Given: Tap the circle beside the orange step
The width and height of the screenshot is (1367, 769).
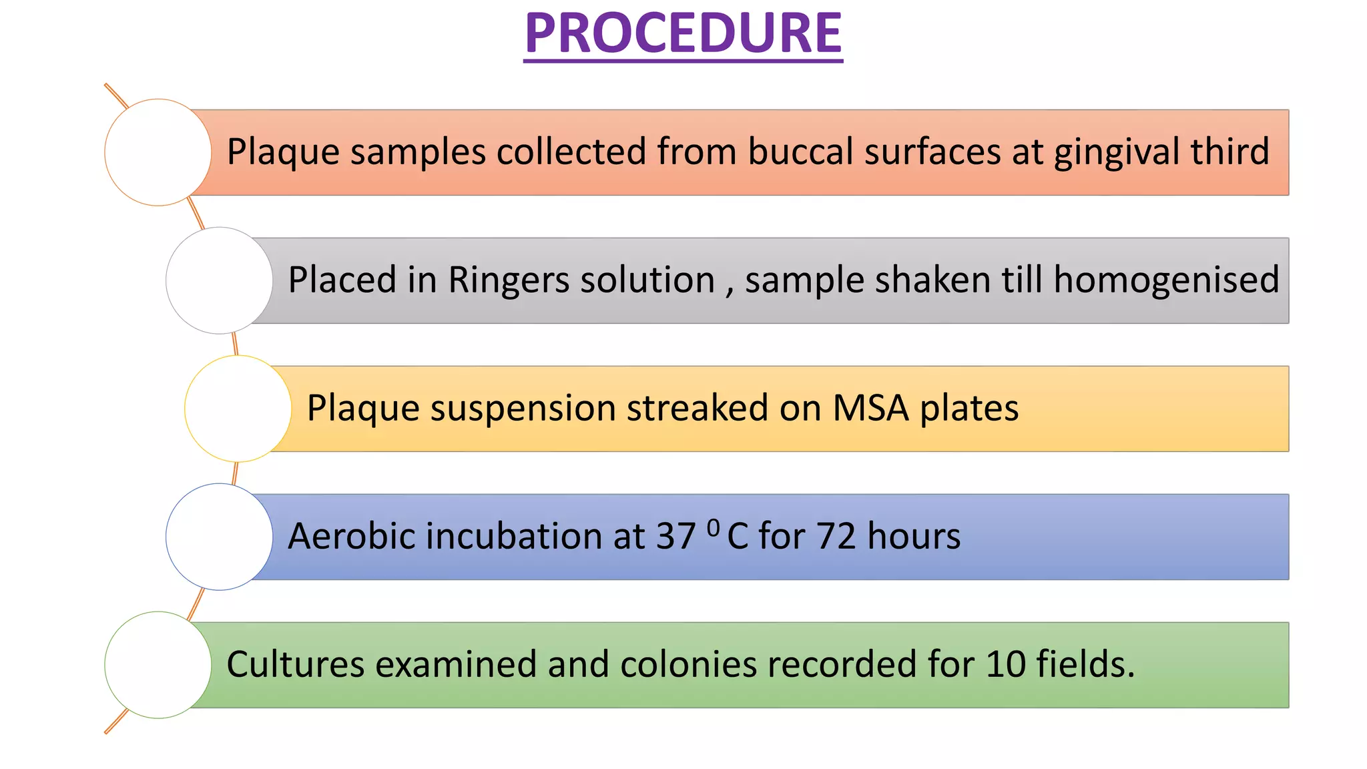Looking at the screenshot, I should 158,152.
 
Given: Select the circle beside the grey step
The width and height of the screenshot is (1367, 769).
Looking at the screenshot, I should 219,280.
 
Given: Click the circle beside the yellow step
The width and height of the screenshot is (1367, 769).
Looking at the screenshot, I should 238,409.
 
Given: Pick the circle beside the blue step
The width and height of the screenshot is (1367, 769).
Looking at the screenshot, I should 219,537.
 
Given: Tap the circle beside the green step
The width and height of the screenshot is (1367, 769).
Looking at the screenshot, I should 158,665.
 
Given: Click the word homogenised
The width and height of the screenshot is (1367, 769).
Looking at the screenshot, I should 1165,280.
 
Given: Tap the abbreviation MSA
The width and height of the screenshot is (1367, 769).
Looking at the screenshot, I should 870,408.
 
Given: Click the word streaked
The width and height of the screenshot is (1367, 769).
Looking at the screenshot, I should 697,408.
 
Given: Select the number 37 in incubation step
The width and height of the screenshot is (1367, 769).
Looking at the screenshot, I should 675,537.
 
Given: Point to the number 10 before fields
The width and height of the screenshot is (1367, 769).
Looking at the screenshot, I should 1005,665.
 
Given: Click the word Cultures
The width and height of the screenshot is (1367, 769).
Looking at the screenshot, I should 296,665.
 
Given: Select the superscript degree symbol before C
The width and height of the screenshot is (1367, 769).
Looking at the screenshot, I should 713,528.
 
